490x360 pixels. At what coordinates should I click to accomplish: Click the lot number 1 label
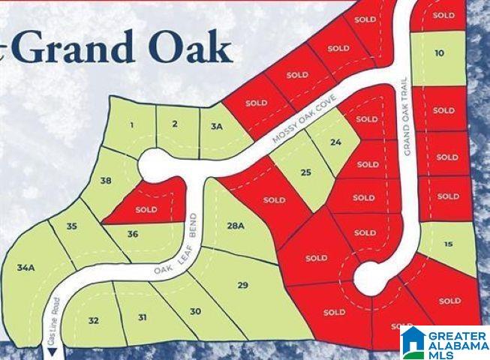point(131,125)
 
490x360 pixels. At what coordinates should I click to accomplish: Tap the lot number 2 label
point(175,124)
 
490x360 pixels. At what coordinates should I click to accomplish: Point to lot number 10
point(439,52)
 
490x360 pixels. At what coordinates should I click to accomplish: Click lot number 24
point(335,142)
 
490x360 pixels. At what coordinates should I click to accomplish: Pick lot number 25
point(305,173)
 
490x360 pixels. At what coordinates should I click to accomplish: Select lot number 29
point(242,285)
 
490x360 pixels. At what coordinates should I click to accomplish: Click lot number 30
point(195,311)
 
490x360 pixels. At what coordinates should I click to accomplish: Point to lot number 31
point(143,317)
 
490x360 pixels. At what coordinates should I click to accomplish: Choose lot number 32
point(93,320)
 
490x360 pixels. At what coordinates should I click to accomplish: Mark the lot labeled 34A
point(27,267)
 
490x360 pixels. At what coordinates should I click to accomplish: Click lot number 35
point(71,226)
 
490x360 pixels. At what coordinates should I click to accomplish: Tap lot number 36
point(133,234)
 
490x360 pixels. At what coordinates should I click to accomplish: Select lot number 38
point(106,181)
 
